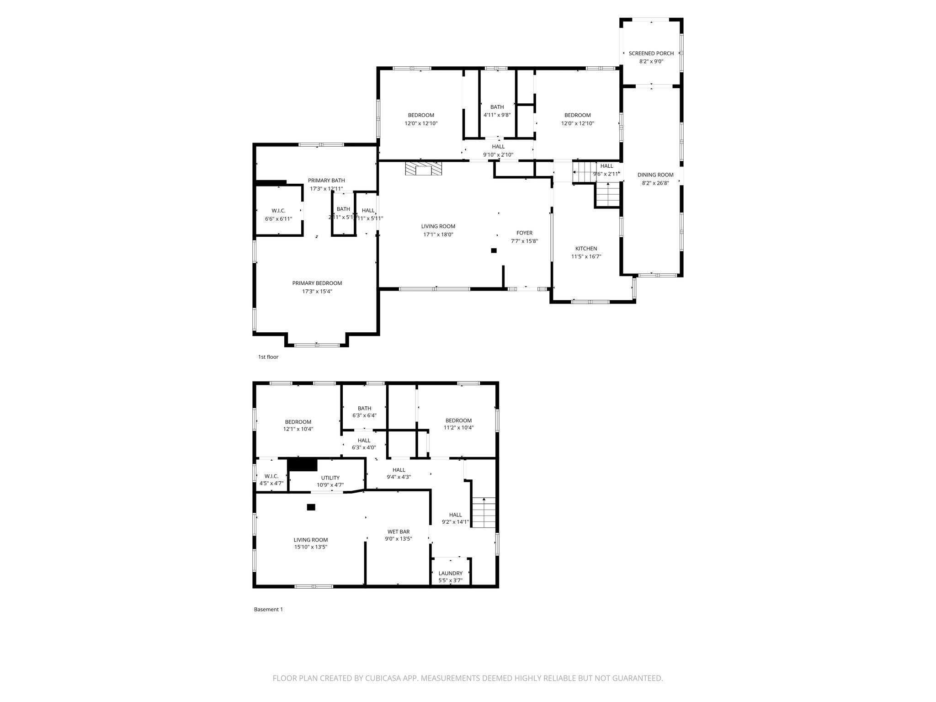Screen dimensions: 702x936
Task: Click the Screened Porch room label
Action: coord(651,53)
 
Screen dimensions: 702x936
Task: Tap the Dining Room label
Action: coord(655,175)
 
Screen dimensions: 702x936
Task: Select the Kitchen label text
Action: coord(586,249)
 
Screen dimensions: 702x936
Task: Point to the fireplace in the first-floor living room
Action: coord(424,169)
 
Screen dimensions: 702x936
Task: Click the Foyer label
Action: coord(524,233)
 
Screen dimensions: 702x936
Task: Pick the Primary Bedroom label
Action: coord(317,283)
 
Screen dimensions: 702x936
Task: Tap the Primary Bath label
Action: coord(326,181)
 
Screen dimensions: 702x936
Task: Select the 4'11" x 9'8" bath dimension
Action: coord(497,115)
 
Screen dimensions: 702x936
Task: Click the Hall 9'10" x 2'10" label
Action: coord(498,147)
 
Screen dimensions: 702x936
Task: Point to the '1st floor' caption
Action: coord(268,357)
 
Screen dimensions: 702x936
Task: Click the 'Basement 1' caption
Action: coord(268,609)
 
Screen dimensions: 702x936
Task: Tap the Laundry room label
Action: coord(450,574)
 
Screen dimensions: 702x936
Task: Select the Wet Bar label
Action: coord(399,532)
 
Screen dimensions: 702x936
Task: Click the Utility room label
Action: coord(330,478)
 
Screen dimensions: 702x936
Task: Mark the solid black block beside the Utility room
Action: coord(302,465)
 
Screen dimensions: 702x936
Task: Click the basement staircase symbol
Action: coord(484,512)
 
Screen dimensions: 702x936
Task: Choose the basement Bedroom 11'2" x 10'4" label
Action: coord(458,420)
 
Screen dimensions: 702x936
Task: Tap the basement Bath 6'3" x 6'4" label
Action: coord(364,409)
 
